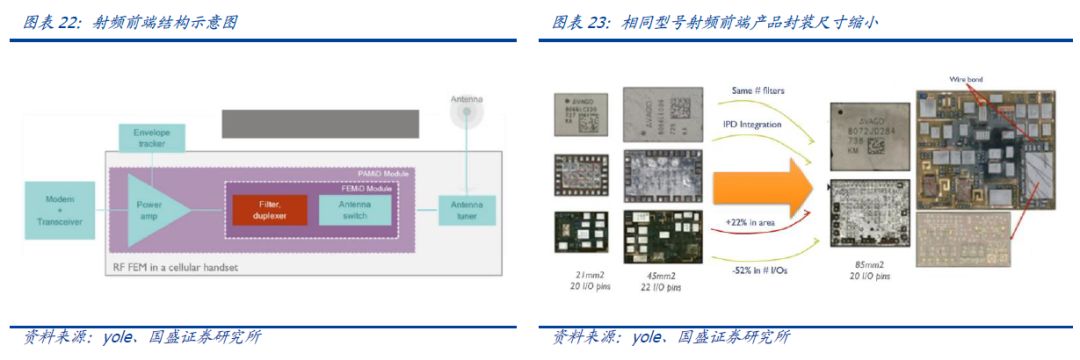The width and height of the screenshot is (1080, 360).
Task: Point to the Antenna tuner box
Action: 466,209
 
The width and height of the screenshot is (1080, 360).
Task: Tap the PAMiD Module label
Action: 384,173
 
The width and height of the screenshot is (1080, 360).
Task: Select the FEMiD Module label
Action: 374,187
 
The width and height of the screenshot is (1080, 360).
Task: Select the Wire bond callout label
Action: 966,78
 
